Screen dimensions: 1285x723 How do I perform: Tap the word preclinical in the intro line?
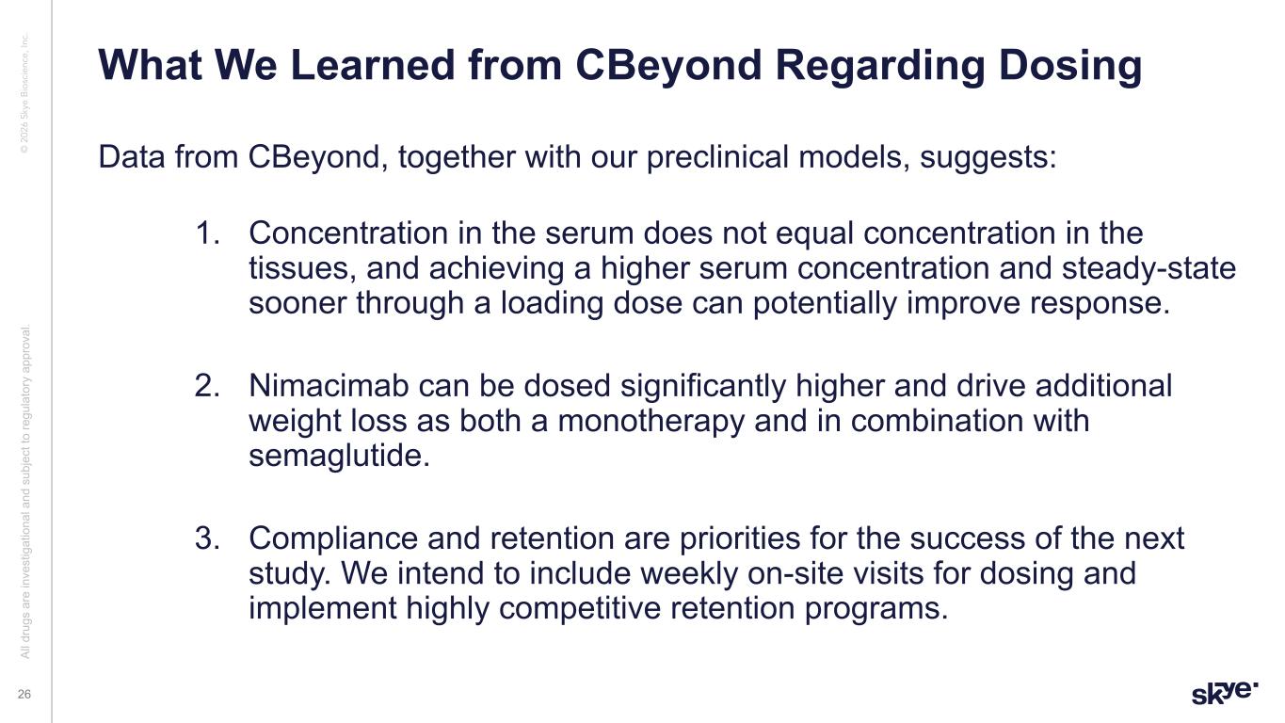[717, 156]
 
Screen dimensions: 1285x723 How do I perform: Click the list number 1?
[207, 233]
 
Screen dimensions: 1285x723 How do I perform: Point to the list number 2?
[207, 386]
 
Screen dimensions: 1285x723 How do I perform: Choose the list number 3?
[207, 538]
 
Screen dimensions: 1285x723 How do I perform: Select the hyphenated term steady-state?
[1148, 269]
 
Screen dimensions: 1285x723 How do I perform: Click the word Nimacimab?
[329, 386]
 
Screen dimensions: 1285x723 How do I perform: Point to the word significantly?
[703, 387]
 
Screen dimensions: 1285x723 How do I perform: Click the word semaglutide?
[339, 458]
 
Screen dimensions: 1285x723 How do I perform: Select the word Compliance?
[333, 539]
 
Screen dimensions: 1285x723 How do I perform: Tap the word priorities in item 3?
[740, 539]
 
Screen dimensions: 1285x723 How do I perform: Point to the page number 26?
[24, 695]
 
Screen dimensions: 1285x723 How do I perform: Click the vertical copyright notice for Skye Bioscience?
[24, 93]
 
